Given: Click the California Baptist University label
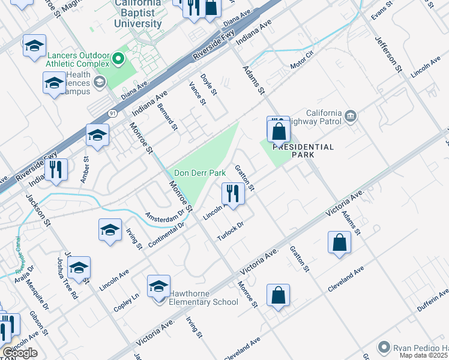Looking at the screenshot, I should (x=139, y=14).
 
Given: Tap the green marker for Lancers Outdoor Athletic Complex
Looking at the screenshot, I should (x=118, y=59).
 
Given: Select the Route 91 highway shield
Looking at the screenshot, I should (x=112, y=112).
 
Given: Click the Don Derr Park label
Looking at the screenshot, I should (x=200, y=173).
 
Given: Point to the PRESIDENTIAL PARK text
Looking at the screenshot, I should (x=303, y=151).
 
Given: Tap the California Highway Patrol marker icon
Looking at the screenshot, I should (x=350, y=115).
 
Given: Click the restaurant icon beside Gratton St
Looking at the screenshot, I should (x=232, y=193).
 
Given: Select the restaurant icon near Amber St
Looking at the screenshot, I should (x=55, y=169).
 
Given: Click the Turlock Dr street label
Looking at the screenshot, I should (x=231, y=230).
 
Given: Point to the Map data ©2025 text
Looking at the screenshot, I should (x=424, y=355).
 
